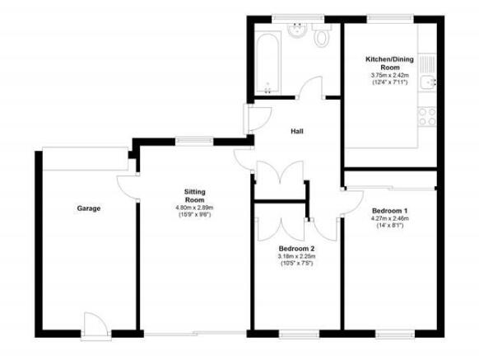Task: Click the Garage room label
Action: (x=89, y=208)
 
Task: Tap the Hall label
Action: (x=297, y=132)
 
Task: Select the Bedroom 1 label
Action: (x=390, y=211)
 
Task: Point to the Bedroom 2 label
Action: (x=296, y=249)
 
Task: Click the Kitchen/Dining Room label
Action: (x=390, y=63)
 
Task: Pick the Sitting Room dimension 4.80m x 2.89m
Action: (x=194, y=208)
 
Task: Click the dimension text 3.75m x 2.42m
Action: (x=390, y=75)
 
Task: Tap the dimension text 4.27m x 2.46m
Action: (x=390, y=218)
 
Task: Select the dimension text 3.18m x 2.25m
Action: (x=296, y=256)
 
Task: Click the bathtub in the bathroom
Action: (x=267, y=63)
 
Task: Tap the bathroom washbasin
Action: (x=296, y=30)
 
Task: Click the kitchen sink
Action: (x=427, y=72)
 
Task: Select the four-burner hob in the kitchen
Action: (x=427, y=116)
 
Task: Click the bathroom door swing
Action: (x=310, y=87)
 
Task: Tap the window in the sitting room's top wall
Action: (x=194, y=141)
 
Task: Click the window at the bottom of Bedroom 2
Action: (x=300, y=334)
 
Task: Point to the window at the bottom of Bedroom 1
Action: (x=395, y=334)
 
